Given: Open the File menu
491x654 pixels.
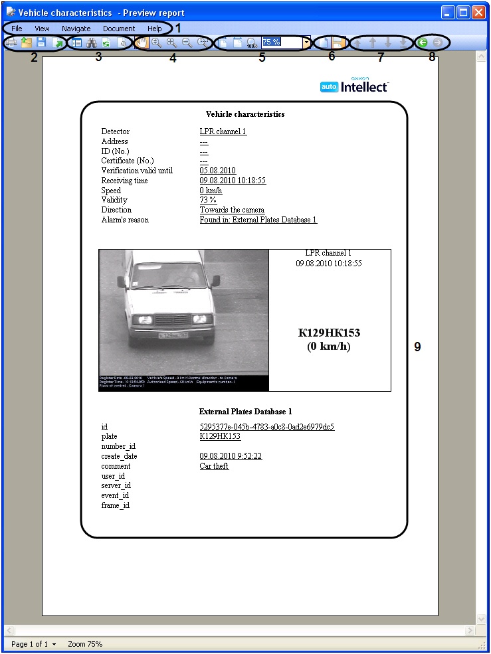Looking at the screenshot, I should [17, 29].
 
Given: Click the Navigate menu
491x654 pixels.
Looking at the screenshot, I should [76, 29].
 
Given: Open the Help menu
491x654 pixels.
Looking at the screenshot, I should [154, 29].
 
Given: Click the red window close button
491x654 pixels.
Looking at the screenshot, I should [478, 12].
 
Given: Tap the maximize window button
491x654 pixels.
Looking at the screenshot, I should [463, 12].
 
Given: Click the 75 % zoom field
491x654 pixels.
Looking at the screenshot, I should [281, 42].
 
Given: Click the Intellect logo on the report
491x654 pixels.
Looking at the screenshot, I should [354, 86].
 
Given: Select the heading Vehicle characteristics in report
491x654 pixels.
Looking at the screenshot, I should [245, 114].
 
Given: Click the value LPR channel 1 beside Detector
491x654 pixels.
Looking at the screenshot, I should [223, 131].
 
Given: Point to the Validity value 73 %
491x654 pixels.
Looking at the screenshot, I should [208, 200].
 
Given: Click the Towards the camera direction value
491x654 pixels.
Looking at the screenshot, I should [232, 210].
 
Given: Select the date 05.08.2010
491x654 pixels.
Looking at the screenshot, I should [217, 171].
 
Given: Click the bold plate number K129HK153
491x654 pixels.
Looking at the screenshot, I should [329, 333].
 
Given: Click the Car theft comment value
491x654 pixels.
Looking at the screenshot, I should [214, 466].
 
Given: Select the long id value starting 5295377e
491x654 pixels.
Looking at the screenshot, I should [266, 427].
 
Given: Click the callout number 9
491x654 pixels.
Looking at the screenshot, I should [417, 347].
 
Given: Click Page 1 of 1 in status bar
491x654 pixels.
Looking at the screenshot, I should [29, 644].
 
